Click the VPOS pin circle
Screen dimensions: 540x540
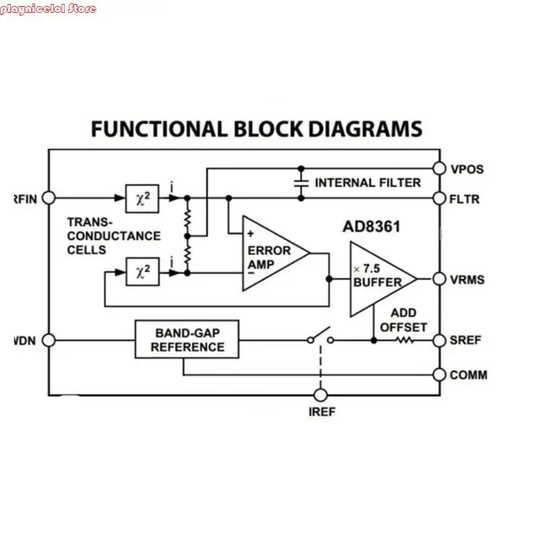coord(439,168)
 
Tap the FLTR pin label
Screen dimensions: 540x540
coord(466,199)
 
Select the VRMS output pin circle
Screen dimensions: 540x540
coord(439,279)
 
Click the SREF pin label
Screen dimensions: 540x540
coord(466,340)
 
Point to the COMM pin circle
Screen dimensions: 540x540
coord(439,375)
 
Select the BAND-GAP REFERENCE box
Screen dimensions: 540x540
coord(187,340)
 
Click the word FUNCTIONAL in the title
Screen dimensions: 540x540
coord(159,129)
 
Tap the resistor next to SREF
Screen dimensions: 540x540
coord(404,340)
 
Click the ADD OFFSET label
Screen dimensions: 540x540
coord(404,320)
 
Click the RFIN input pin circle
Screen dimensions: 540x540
coord(49,198)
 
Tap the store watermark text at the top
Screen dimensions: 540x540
coord(48,9)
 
